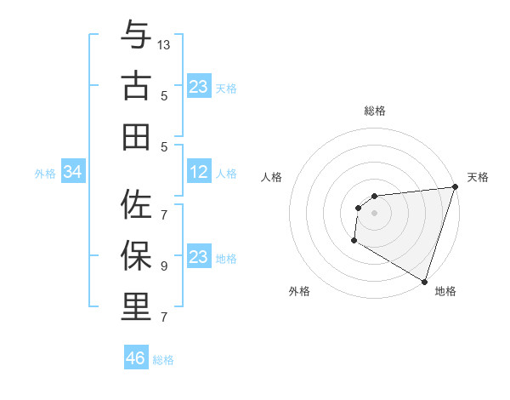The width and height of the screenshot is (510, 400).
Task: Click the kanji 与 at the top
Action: pyautogui.click(x=136, y=36)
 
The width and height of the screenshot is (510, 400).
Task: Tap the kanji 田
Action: pyautogui.click(x=136, y=135)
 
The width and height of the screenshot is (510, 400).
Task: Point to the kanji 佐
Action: pyautogui.click(x=136, y=205)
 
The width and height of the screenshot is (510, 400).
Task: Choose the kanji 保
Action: pyautogui.click(x=136, y=255)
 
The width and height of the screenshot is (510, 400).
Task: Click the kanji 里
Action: pyautogui.click(x=136, y=306)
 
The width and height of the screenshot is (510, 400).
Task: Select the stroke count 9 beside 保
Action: pyautogui.click(x=164, y=266)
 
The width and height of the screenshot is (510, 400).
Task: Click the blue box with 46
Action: pyautogui.click(x=136, y=358)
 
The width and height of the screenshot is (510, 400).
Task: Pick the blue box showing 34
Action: pyautogui.click(x=73, y=173)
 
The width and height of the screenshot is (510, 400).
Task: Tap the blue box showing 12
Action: pyautogui.click(x=199, y=173)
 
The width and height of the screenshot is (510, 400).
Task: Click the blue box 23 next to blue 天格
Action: pyautogui.click(x=199, y=87)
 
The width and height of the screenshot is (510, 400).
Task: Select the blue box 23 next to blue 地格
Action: pyautogui.click(x=199, y=257)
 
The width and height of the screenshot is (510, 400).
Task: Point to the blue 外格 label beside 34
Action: pyautogui.click(x=45, y=174)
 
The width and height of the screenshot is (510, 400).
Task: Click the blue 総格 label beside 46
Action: pyautogui.click(x=163, y=360)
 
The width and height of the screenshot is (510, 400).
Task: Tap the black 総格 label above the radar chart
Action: pyautogui.click(x=374, y=111)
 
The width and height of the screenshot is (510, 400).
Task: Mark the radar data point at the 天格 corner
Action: pyautogui.click(x=455, y=187)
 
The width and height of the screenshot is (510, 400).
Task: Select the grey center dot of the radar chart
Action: pyautogui.click(x=374, y=213)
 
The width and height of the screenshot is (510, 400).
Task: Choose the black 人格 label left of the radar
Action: pyautogui.click(x=272, y=177)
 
